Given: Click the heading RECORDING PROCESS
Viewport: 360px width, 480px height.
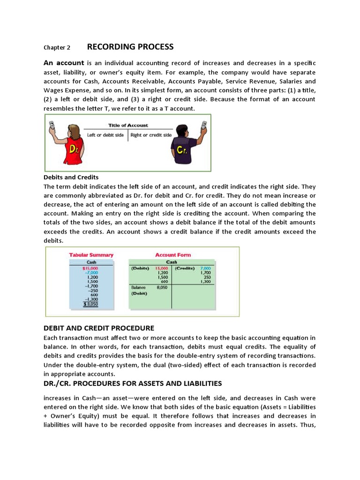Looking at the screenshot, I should point(130,47).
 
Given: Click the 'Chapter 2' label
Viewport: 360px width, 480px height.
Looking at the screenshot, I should point(57,48).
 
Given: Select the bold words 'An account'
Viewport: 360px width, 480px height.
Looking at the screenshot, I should point(64,63).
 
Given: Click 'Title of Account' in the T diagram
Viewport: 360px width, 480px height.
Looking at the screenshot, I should point(128,125).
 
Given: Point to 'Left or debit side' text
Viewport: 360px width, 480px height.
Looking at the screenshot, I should point(105,135).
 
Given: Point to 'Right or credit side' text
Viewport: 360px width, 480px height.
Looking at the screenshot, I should point(151,135).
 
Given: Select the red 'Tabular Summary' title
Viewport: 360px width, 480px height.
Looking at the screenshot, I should point(91,255).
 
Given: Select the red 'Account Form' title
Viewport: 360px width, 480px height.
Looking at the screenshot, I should point(173,255).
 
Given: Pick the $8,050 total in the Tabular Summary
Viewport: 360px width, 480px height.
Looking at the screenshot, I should point(90,304).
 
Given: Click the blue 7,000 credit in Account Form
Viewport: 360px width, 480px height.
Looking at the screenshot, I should point(206,268).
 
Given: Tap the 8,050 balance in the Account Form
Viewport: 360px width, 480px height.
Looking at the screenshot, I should point(162,287).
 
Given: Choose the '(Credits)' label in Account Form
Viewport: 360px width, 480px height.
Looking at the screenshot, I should point(185,268).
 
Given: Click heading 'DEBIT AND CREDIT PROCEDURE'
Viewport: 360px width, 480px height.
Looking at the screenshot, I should point(98,328).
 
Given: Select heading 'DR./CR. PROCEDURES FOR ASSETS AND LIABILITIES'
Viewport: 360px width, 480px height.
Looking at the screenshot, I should point(133,383).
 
